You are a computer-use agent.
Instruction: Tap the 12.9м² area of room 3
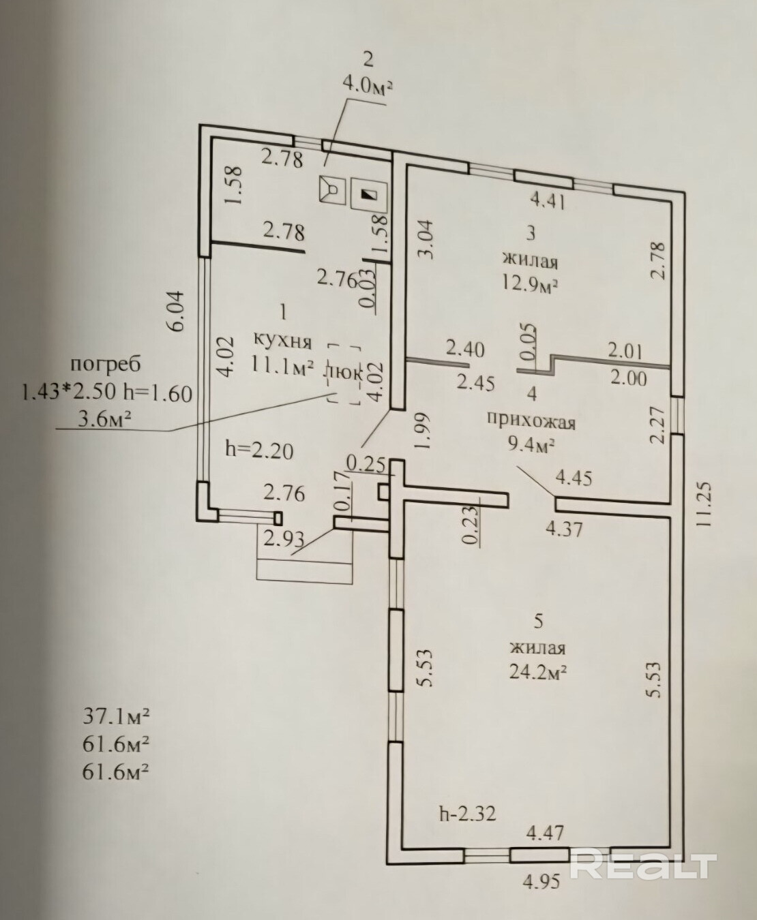(530, 286)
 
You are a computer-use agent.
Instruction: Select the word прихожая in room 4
(531, 422)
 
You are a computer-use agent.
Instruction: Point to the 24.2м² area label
(538, 672)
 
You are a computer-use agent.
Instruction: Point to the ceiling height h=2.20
(259, 449)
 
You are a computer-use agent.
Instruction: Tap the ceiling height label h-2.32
(467, 813)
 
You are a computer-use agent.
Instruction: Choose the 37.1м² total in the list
(115, 716)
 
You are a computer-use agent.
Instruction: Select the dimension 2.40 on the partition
(465, 350)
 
